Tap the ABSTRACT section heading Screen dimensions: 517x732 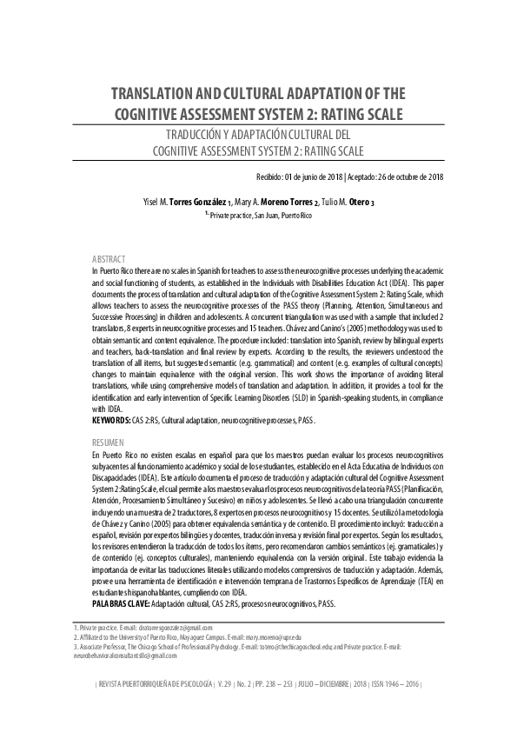click(x=109, y=260)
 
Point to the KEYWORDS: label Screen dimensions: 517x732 click(x=111, y=420)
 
